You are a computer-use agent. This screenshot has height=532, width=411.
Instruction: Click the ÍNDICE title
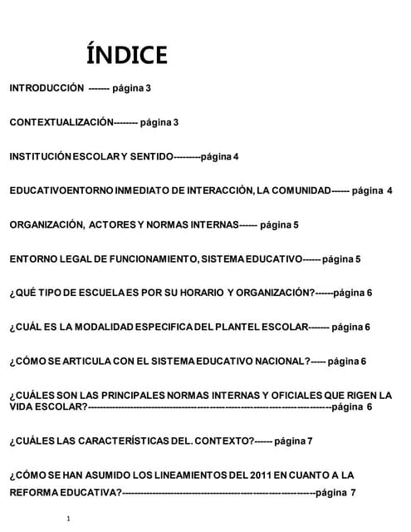pos(126,55)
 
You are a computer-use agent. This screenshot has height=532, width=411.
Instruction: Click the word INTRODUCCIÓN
pos(46,87)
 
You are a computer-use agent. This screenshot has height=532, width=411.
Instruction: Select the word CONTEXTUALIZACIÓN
pos(60,122)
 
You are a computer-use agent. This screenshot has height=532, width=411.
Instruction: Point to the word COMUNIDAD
pos(299,190)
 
